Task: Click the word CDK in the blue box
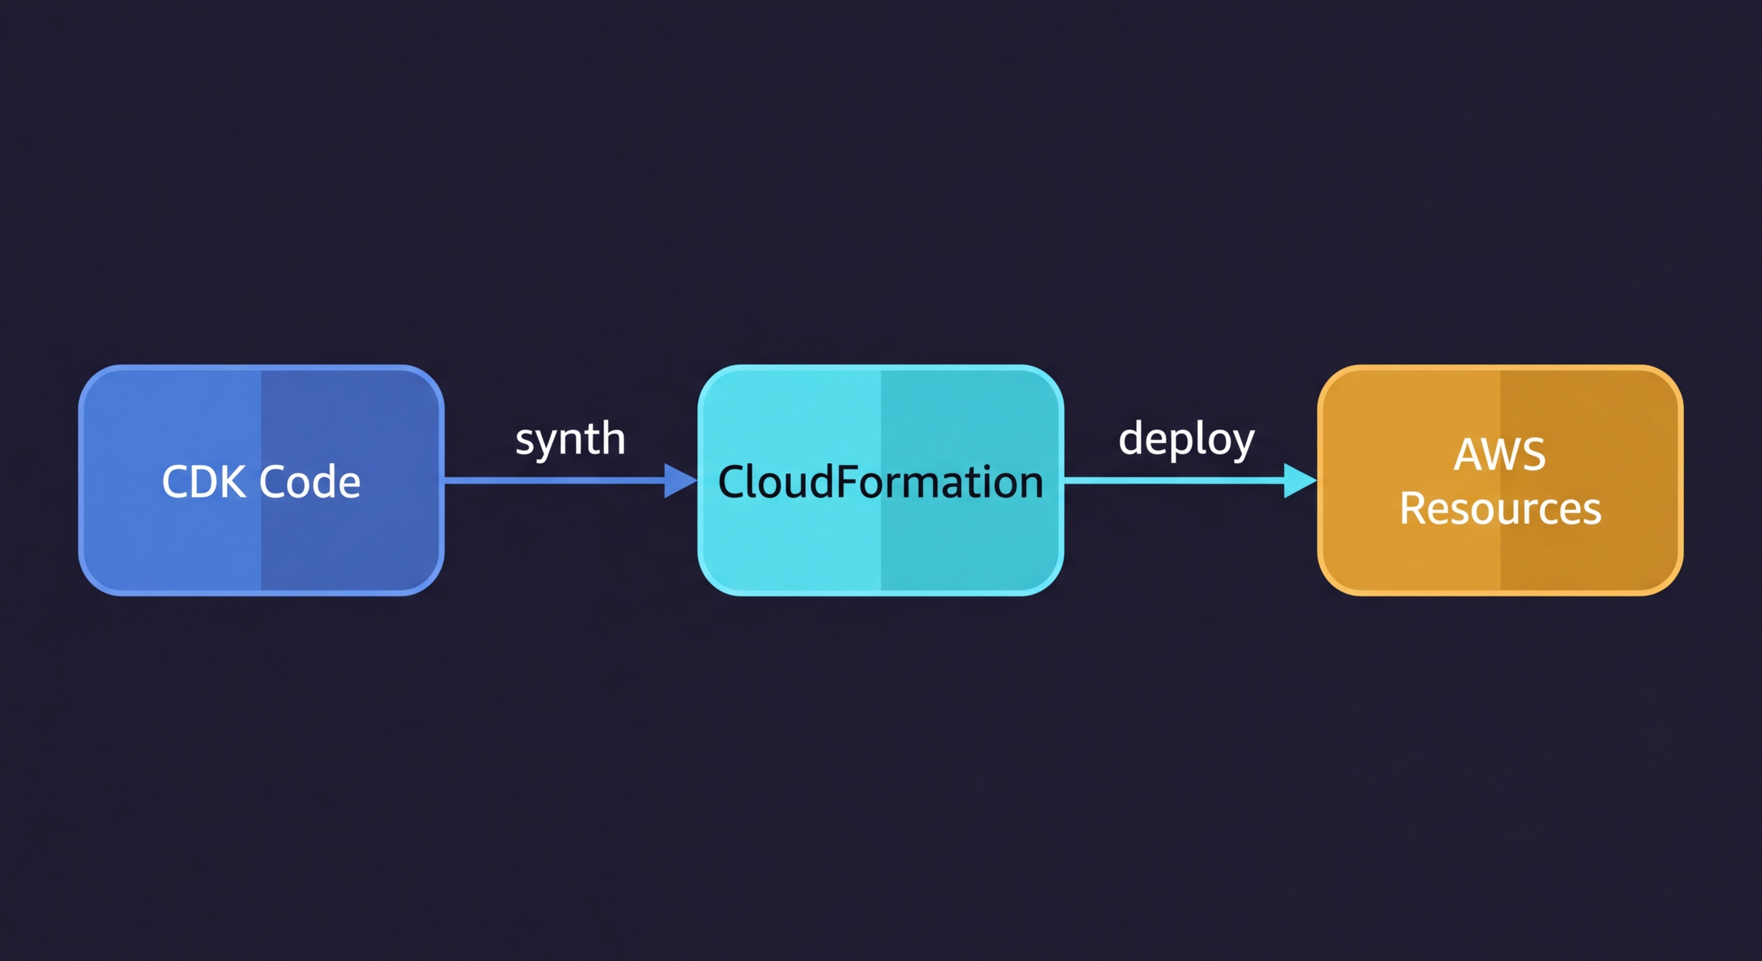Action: [204, 482]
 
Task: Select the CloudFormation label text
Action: [880, 482]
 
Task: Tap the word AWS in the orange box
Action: [1499, 454]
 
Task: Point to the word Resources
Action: [1500, 509]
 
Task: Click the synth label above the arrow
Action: [570, 439]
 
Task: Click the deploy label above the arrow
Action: [1186, 439]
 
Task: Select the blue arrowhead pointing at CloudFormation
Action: [678, 480]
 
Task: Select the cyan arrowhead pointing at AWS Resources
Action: [1298, 480]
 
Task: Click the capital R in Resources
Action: [1412, 509]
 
